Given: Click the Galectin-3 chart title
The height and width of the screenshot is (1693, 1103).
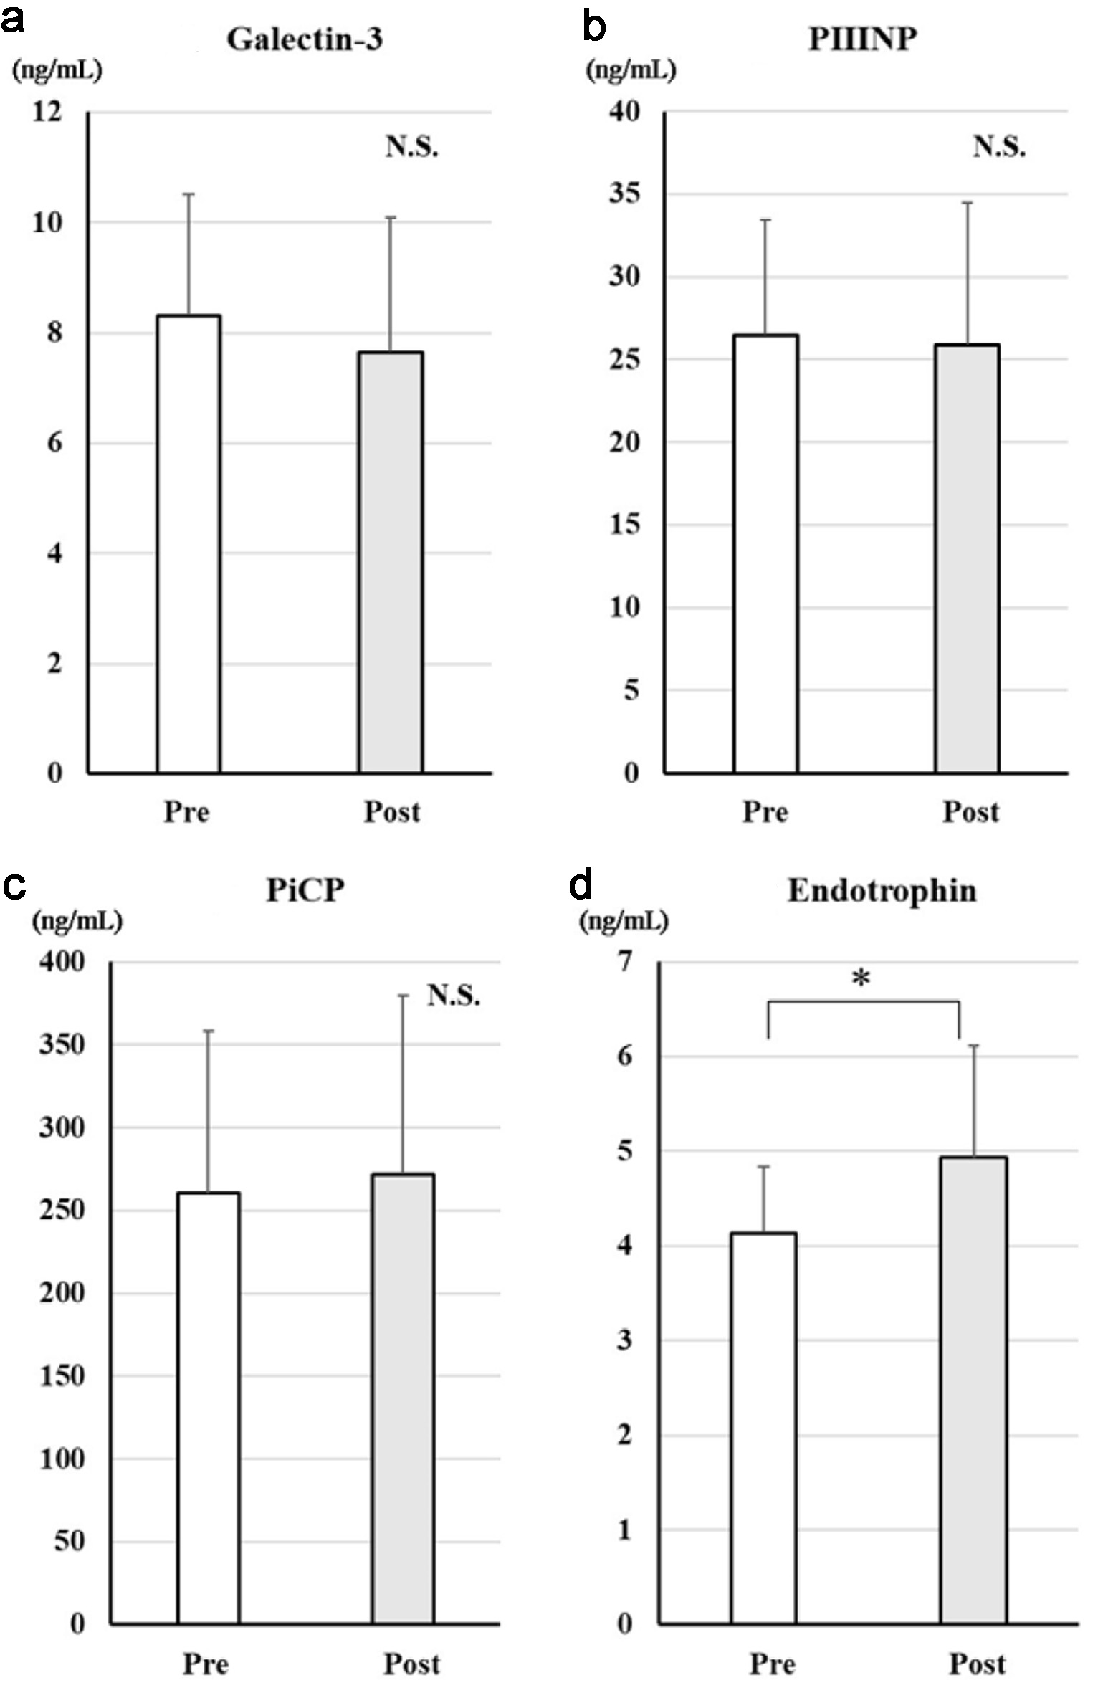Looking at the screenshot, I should [x=305, y=40].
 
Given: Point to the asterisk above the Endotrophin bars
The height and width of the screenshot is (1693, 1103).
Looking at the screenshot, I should [x=861, y=979].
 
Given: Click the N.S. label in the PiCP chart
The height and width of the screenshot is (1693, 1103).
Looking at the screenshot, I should [x=454, y=996].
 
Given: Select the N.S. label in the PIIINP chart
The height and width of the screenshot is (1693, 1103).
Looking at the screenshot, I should [x=999, y=147].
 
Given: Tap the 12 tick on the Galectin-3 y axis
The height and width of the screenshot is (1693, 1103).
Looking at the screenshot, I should [x=47, y=112].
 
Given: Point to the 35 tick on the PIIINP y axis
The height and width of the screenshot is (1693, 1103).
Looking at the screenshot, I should [x=624, y=194].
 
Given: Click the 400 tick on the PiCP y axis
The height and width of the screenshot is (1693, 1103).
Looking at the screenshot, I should [x=62, y=962].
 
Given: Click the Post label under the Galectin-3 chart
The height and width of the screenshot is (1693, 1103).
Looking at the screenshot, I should [x=392, y=812].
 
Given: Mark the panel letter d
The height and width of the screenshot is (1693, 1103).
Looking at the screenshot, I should [x=581, y=886].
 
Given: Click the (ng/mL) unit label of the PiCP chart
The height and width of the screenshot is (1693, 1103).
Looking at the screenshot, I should [x=77, y=921].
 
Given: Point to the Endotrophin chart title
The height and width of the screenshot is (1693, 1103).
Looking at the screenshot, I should [x=882, y=891].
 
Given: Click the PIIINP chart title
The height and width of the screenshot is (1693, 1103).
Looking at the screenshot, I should [x=863, y=40].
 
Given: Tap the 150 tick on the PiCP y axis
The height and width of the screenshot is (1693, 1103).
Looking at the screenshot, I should [x=62, y=1376].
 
